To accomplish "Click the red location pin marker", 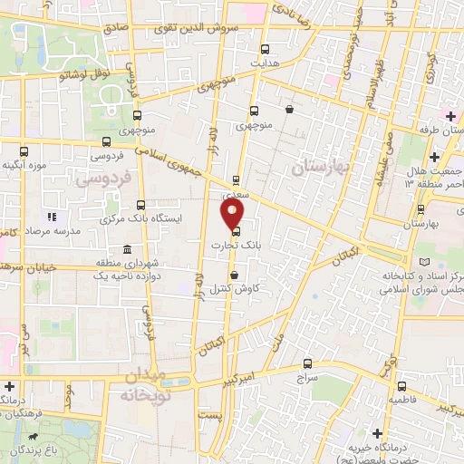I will [233, 213].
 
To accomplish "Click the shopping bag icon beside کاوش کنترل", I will [234, 275].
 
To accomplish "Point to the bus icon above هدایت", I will [265, 49].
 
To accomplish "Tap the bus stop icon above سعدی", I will [237, 179].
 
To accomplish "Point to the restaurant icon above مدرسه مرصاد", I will [51, 217].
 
